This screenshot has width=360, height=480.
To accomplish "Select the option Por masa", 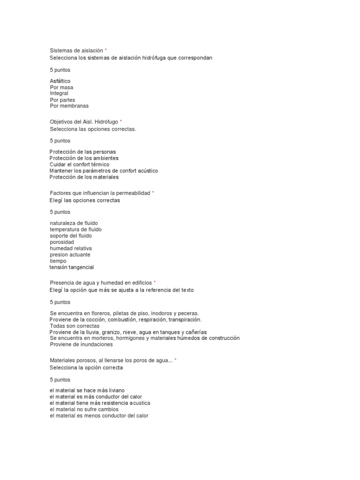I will click(x=61, y=87).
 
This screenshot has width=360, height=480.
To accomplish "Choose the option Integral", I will click(x=59, y=93).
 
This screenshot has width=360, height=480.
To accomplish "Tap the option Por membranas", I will click(x=69, y=106).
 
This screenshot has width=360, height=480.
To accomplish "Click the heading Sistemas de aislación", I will click(x=76, y=50).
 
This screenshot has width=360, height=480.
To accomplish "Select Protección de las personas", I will click(x=82, y=152).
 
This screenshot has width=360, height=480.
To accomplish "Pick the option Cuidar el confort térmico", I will click(x=79, y=165).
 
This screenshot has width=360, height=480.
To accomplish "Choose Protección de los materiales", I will click(x=84, y=177).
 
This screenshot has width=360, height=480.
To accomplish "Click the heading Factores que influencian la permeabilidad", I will click(x=100, y=193).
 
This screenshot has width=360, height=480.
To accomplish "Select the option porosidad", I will click(x=62, y=242).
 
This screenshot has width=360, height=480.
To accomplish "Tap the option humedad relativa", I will click(x=71, y=248).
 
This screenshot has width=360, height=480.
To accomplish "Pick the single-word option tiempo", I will click(x=58, y=261).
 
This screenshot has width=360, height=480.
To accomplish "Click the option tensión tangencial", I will click(x=72, y=267).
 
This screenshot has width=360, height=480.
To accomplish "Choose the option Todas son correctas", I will click(x=75, y=325).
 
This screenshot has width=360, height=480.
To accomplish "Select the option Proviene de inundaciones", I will click(x=82, y=344).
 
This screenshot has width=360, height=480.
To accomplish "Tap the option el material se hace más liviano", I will click(x=87, y=390).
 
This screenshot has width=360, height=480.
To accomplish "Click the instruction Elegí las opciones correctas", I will click(x=85, y=200).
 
